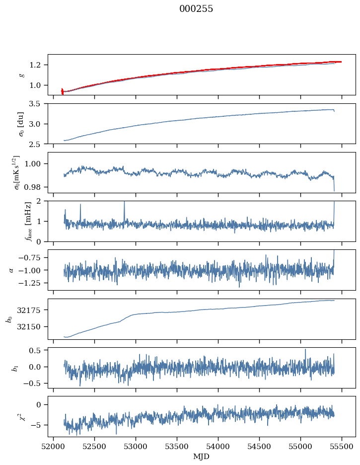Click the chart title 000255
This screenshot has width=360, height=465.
[x=196, y=9]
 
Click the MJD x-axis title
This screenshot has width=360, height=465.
[x=201, y=457]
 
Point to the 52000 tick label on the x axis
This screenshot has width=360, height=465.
[x=53, y=447]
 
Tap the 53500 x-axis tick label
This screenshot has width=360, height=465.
[x=177, y=447]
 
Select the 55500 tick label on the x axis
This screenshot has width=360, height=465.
[x=342, y=447]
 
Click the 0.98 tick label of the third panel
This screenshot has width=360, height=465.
[x=33, y=187]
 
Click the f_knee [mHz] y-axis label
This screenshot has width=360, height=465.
[x=28, y=221]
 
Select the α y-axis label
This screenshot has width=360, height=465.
[x=11, y=270]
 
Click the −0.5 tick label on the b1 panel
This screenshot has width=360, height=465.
[x=33, y=384]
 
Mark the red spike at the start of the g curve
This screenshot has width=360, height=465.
[x=62, y=91]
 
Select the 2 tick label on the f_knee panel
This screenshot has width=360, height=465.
[x=39, y=201]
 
